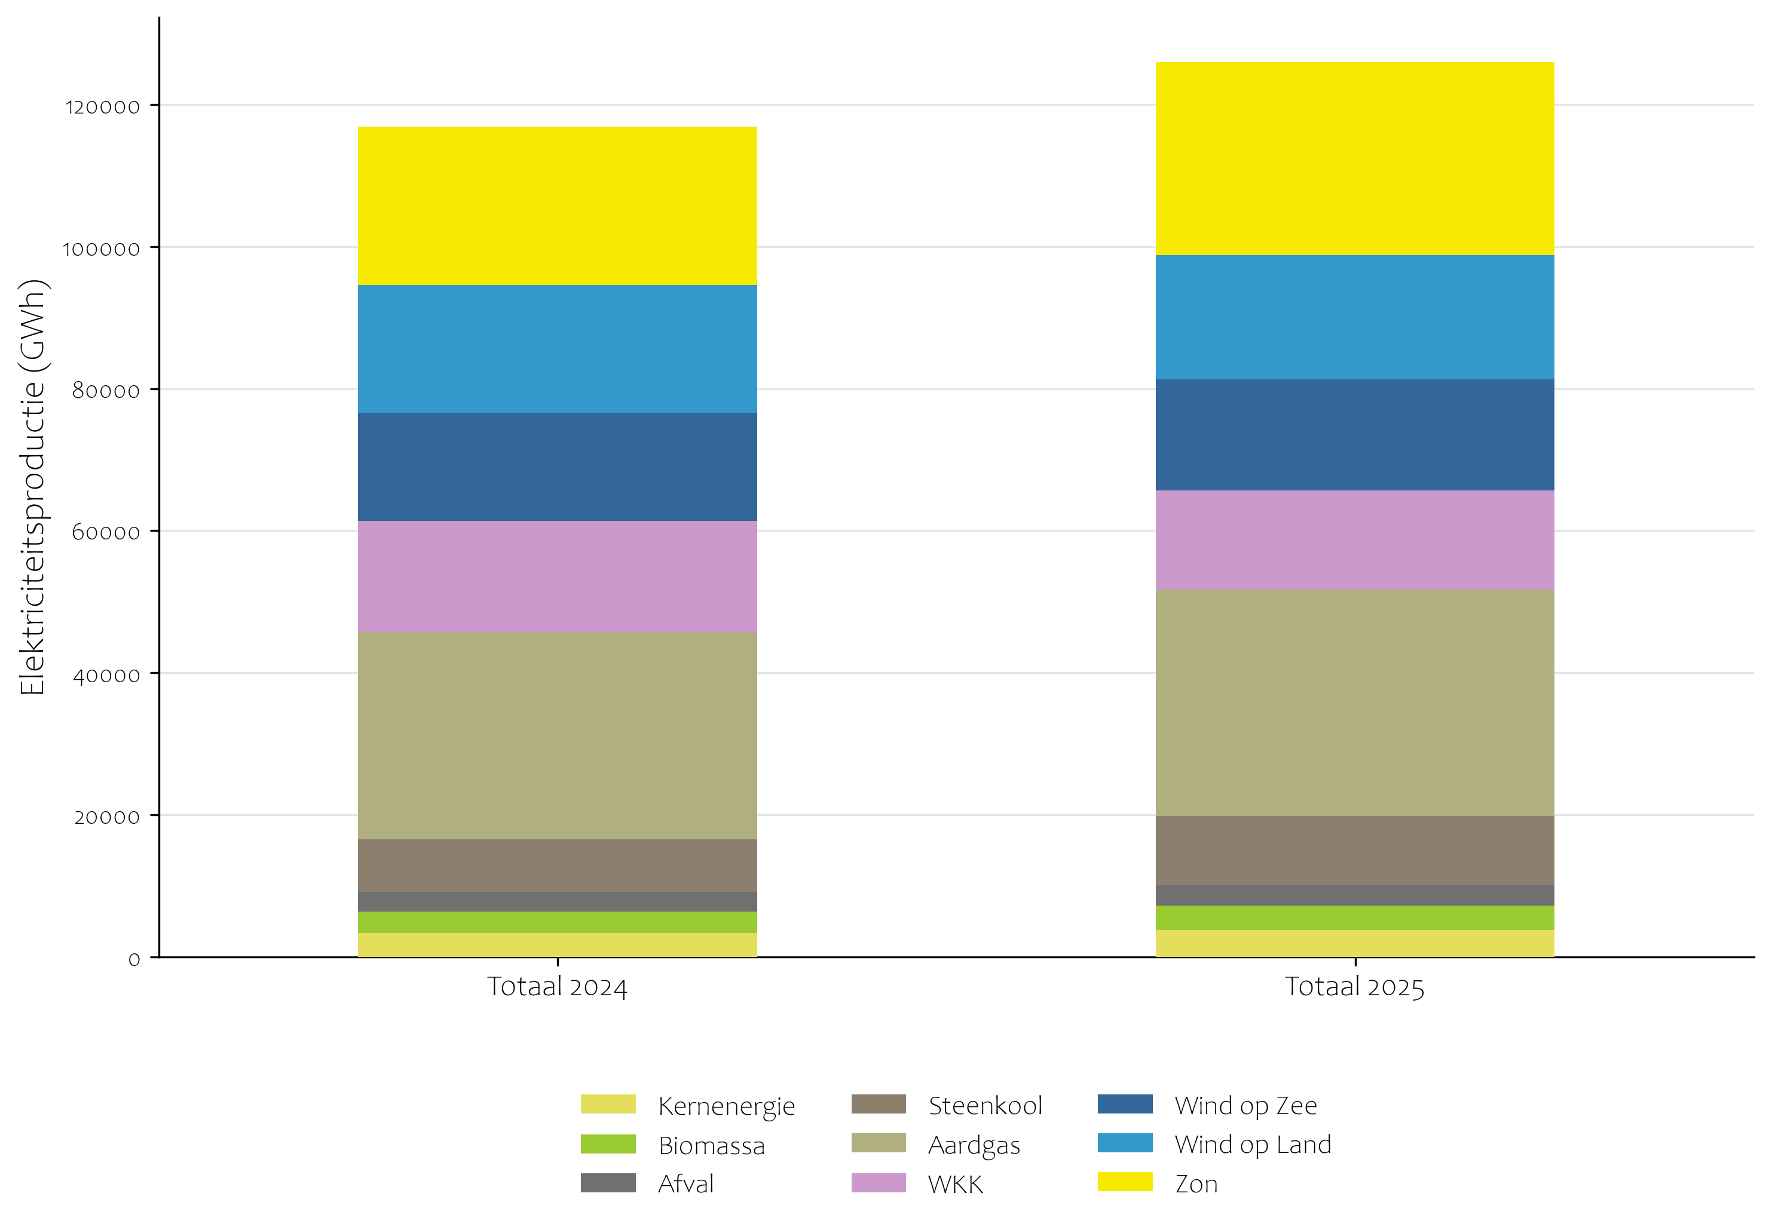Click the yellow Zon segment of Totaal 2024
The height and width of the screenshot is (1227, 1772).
(557, 206)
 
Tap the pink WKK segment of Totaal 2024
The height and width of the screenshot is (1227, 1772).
(557, 576)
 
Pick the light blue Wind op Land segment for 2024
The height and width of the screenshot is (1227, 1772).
(557, 349)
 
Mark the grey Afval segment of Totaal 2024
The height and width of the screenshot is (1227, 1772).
(557, 902)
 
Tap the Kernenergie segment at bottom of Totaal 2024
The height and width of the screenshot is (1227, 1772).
(557, 945)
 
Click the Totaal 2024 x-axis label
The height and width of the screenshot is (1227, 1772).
(557, 987)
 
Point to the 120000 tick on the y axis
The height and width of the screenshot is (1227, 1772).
(102, 107)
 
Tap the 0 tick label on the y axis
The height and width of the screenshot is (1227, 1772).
(134, 959)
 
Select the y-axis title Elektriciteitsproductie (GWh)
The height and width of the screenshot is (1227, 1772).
(32, 487)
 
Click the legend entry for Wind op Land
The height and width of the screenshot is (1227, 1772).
(1252, 1145)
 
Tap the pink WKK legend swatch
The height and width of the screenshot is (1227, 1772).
(879, 1183)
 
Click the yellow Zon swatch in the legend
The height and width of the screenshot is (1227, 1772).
(1124, 1182)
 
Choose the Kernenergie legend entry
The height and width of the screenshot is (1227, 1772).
(726, 1106)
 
